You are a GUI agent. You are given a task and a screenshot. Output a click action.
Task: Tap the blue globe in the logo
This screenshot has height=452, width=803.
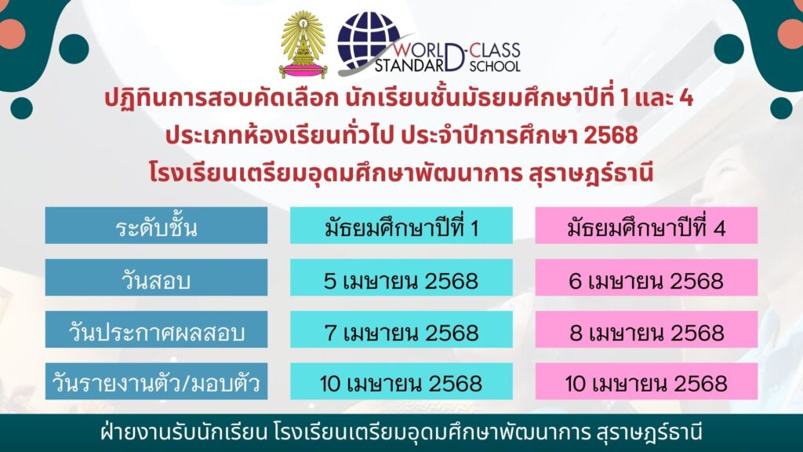pyautogui.click(x=368, y=42)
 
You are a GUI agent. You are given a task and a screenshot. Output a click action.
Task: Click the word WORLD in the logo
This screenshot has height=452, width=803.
pyautogui.click(x=419, y=50)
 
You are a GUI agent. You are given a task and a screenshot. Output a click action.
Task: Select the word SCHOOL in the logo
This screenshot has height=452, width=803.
pyautogui.click(x=495, y=66)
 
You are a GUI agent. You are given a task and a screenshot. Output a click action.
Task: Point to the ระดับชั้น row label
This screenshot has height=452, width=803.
pyautogui.click(x=156, y=225)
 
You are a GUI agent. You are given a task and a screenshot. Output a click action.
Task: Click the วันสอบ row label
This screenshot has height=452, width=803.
pyautogui.click(x=156, y=277)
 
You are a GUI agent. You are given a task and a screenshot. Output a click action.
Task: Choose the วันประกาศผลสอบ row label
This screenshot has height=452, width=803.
pyautogui.click(x=156, y=330)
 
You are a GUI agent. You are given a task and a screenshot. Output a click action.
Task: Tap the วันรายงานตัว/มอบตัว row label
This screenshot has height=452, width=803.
pyautogui.click(x=156, y=381)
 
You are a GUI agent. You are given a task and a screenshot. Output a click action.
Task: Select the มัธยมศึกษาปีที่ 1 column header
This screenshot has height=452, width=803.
pyautogui.click(x=401, y=225)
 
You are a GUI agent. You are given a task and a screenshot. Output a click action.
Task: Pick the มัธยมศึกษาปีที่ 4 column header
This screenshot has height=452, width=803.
pyautogui.click(x=646, y=225)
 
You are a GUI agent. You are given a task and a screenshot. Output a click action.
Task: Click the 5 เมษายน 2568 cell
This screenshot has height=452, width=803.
pyautogui.click(x=401, y=277)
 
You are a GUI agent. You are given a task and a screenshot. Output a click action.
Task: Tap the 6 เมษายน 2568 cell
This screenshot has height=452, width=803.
pyautogui.click(x=646, y=277)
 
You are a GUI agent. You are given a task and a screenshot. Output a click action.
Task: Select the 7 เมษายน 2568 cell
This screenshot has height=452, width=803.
pyautogui.click(x=401, y=330)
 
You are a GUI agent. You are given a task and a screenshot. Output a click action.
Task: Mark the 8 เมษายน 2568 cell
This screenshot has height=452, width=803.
pyautogui.click(x=646, y=330)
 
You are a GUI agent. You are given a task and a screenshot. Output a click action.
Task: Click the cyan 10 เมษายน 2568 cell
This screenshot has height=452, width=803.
pyautogui.click(x=401, y=381)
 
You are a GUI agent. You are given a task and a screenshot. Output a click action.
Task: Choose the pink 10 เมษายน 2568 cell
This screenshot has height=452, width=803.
pyautogui.click(x=646, y=381)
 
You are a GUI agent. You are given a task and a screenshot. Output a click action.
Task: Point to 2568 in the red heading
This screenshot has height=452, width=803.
pyautogui.click(x=610, y=135)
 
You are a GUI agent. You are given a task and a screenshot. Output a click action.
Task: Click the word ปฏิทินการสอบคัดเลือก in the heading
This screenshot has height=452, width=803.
pyautogui.click(x=221, y=97)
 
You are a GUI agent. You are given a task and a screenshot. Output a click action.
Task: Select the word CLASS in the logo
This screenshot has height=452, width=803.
pyautogui.click(x=495, y=50)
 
